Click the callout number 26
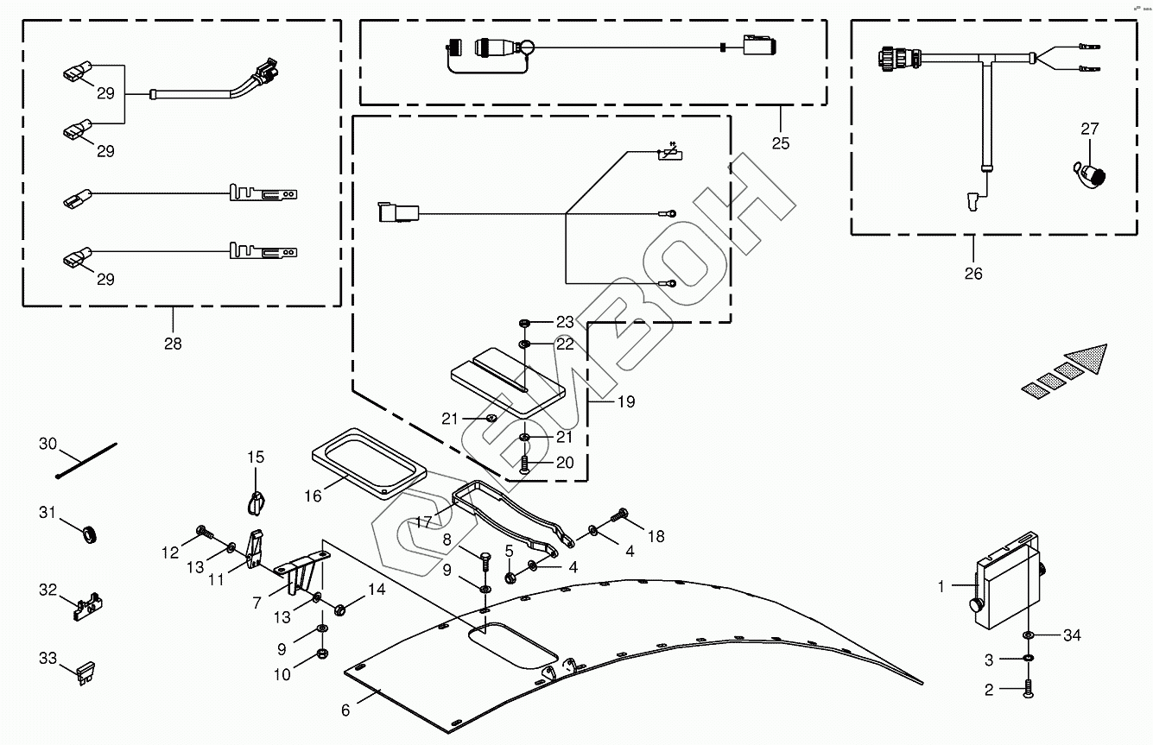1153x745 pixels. click(973, 274)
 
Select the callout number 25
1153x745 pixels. click(781, 143)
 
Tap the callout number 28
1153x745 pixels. click(173, 344)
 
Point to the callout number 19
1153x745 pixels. click(626, 401)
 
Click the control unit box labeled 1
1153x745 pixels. click(1006, 578)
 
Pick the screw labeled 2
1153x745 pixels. click(1029, 689)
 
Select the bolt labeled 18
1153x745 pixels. click(619, 516)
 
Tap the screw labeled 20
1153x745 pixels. click(525, 465)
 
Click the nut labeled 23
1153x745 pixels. click(525, 323)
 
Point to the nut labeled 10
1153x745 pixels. click(322, 653)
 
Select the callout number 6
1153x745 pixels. click(345, 710)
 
